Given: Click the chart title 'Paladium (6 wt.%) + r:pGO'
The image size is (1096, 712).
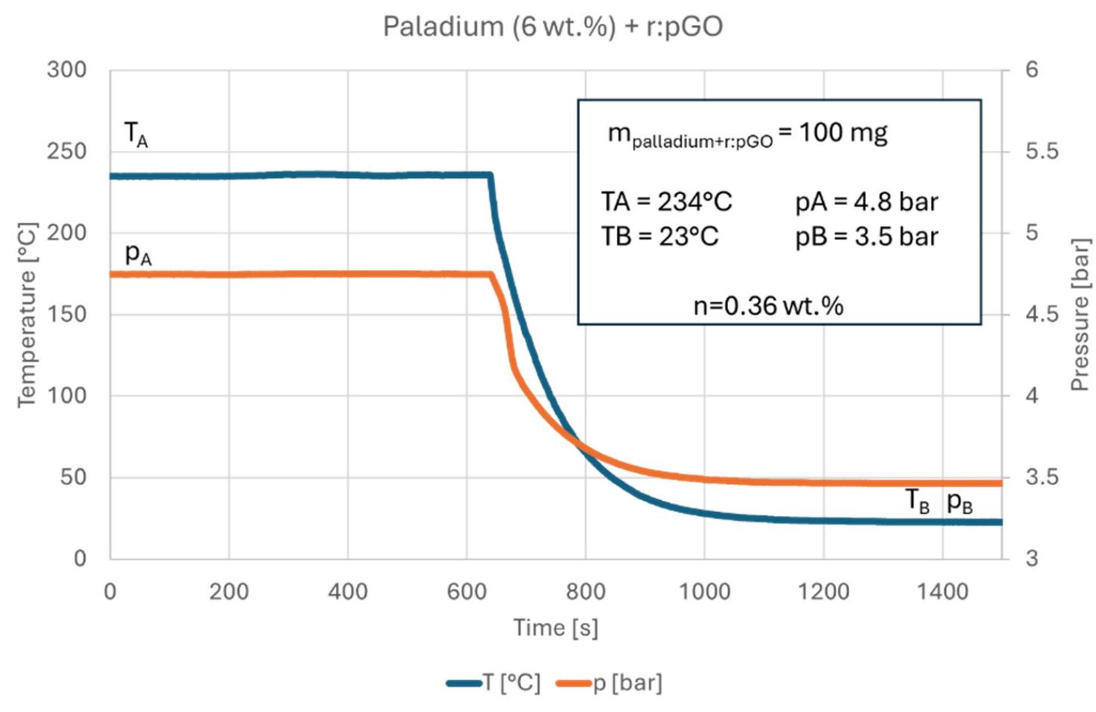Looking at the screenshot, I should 552,26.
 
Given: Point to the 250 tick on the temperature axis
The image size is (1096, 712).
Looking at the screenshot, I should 66,151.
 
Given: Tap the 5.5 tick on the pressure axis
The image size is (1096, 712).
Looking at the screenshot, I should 1042,151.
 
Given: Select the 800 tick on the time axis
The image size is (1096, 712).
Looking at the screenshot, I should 585,591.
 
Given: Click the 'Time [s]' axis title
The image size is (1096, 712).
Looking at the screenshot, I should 555,628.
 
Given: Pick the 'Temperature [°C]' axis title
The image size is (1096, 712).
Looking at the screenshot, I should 27,315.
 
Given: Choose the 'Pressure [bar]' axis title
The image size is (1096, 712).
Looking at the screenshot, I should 1079,315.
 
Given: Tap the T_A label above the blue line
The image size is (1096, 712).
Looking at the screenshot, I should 136,135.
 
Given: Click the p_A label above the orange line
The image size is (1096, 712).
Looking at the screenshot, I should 138,254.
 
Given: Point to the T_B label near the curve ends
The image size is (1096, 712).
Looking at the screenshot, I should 917,501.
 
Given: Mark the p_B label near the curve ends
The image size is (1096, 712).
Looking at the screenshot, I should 959,502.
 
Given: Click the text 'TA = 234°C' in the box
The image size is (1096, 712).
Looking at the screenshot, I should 666,202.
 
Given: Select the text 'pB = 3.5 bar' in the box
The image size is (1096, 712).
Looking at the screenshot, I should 867,237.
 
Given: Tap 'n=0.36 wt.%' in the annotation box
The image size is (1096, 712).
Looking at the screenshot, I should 768,305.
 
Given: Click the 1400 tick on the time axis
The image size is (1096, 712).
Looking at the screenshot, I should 942,591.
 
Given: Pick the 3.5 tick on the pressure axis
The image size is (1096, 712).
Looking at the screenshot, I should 1042,477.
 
